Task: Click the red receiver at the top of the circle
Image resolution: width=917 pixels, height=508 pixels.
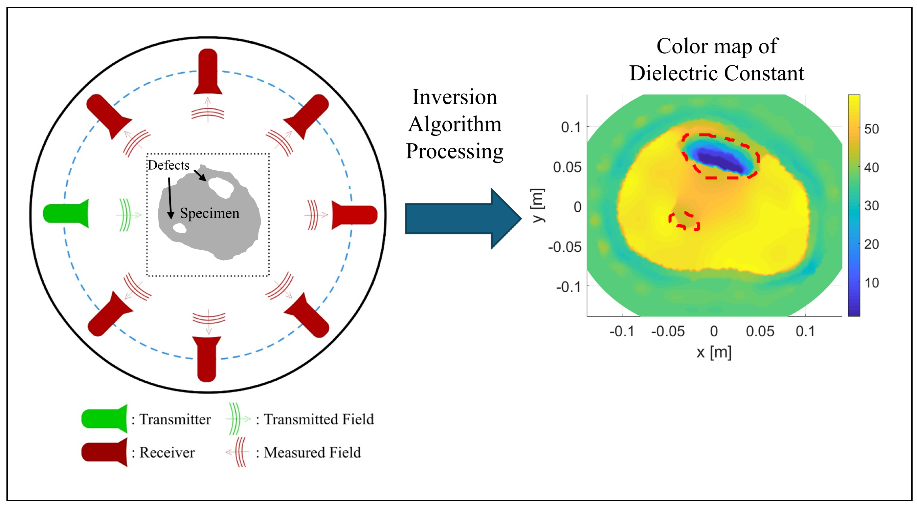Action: coord(208,71)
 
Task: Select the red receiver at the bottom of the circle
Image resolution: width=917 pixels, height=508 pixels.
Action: coord(207,358)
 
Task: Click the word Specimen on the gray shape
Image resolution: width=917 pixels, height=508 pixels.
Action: coord(209,213)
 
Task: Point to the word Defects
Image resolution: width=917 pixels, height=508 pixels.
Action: coord(169,165)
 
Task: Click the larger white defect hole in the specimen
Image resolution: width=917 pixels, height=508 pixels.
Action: coord(221,187)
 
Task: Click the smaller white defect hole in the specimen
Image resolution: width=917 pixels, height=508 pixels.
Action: coord(180,228)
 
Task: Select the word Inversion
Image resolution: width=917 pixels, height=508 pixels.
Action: coord(454,97)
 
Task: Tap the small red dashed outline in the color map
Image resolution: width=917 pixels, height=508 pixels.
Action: coord(684,221)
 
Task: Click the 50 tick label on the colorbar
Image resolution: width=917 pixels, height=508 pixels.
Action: coord(871,129)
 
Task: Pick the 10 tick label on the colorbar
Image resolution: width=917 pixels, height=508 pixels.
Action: coord(871,283)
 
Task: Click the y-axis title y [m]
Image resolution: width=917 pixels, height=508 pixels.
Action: coord(538,205)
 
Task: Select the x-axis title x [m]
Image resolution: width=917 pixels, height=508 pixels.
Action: coord(714,352)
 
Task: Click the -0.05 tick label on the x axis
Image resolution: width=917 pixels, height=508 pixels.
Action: coord(668,332)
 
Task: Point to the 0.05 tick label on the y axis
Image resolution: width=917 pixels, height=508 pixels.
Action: coord(567,167)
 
